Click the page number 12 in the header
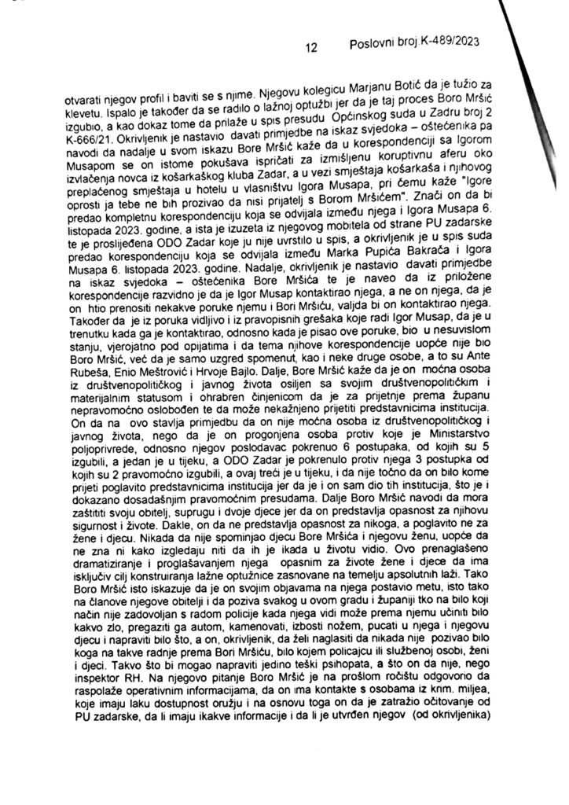pyautogui.click(x=310, y=47)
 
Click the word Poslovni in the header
pyautogui.click(x=373, y=45)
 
